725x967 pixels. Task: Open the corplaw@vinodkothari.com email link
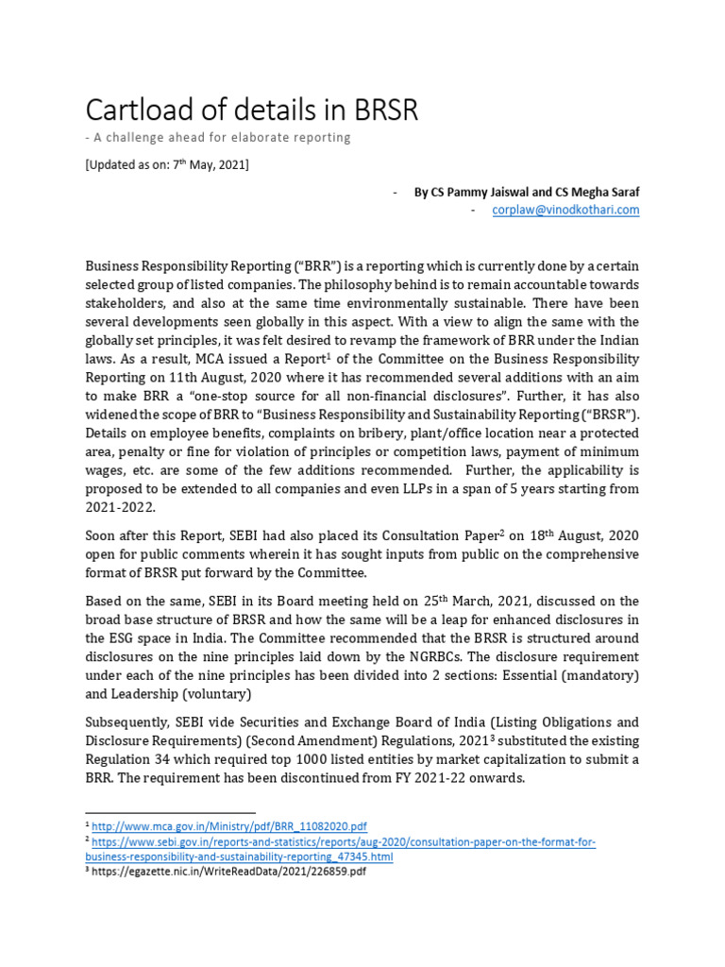click(565, 210)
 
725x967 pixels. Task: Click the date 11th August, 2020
click(181, 378)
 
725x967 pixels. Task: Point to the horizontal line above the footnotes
click(170, 812)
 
